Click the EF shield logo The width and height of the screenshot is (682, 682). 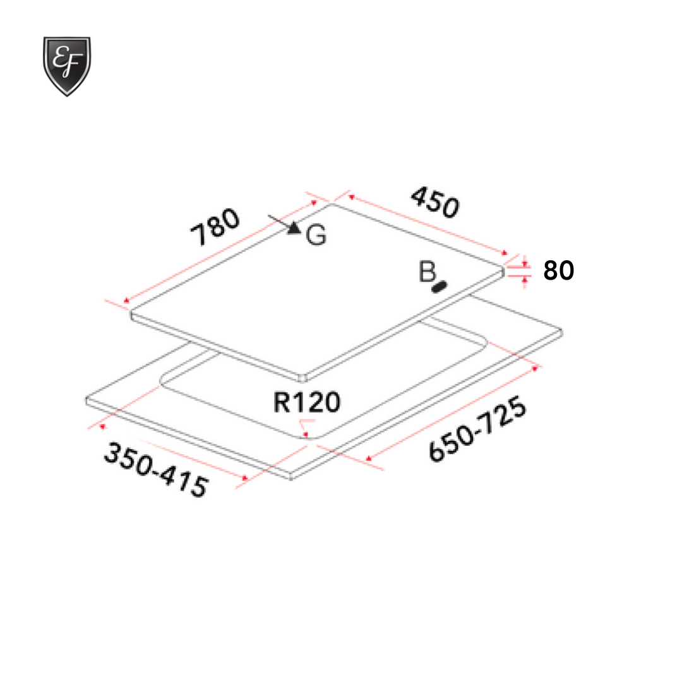66,65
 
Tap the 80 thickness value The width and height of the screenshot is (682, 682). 558,271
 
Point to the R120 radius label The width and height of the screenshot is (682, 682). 307,402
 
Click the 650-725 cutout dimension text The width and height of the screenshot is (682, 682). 477,429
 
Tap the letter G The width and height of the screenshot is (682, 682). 316,236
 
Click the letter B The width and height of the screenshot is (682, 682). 428,272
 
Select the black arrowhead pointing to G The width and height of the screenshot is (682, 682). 294,227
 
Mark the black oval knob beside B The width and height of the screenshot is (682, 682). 439,287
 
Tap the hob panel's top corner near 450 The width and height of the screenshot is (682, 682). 332,204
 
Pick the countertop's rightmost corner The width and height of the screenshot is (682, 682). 561,330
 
